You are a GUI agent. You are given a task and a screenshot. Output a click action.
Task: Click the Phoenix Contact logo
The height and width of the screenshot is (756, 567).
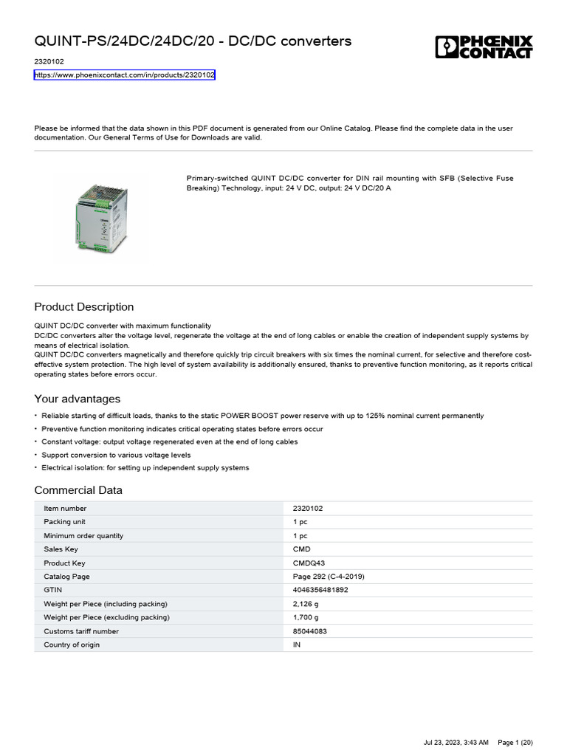[x=484, y=48]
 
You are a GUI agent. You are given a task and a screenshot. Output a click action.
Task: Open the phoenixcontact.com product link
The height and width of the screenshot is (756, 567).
[x=125, y=75]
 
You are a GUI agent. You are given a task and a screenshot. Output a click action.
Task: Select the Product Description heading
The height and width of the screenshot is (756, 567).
[x=84, y=307]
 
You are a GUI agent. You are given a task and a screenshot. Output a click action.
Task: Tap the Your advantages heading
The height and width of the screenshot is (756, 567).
[x=78, y=399]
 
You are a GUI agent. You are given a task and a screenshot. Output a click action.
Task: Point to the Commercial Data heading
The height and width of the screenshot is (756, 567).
[x=78, y=490]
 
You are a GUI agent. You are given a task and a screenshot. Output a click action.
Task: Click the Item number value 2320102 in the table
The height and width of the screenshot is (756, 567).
[x=308, y=509]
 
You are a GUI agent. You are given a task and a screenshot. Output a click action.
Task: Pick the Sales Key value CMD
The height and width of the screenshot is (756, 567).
[x=302, y=549]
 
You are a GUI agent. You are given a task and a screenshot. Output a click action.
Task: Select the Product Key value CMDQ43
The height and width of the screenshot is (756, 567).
[x=309, y=563]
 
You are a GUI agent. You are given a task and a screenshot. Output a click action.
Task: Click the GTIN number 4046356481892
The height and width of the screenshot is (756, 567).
[x=320, y=591]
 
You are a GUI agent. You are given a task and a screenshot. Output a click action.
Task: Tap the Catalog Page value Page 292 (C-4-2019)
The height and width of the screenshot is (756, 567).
[x=329, y=577]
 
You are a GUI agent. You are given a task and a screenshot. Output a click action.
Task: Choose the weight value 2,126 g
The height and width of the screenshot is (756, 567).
[x=306, y=604]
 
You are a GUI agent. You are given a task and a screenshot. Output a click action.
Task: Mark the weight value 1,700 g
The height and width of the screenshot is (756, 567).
[x=306, y=617]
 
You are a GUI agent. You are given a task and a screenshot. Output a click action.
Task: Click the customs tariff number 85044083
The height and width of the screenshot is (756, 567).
[x=310, y=631]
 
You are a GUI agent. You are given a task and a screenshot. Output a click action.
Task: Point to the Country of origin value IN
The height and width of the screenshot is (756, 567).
[x=297, y=645]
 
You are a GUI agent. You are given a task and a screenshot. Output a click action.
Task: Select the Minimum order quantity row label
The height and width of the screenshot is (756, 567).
[x=83, y=536]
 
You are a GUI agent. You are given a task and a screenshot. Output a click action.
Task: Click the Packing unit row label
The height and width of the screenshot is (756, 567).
[x=65, y=522]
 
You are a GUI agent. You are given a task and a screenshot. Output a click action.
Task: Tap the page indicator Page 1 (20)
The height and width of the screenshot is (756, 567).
[x=515, y=742]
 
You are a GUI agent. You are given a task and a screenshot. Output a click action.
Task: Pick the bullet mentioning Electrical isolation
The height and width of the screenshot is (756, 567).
[x=145, y=468]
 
